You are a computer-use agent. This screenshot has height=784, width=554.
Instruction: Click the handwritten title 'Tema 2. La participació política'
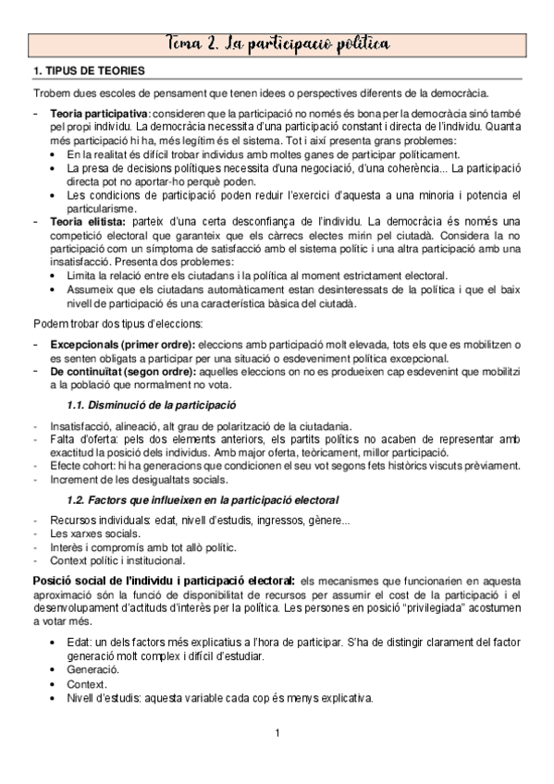point(277,43)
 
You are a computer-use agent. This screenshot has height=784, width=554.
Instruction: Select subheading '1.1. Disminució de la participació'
point(153,405)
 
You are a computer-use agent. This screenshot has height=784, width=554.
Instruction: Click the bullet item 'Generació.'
point(93,668)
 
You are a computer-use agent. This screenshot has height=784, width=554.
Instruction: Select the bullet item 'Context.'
point(88,683)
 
